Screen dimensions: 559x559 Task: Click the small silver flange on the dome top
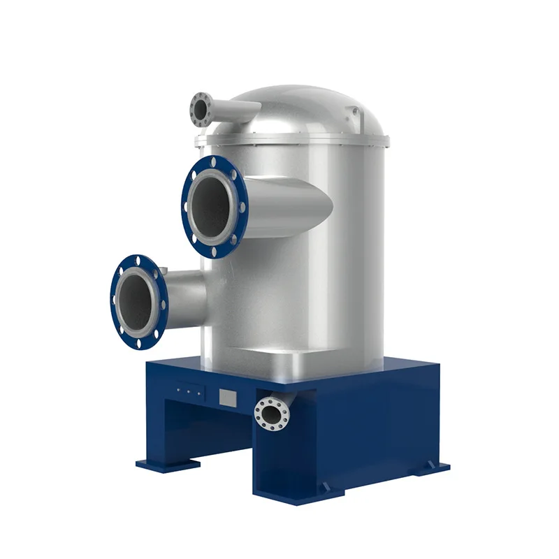tap(201, 109)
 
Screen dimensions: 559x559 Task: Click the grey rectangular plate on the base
tap(228, 398)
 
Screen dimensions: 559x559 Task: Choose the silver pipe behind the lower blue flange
tap(185, 293)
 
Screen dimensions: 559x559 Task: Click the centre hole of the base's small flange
tap(269, 414)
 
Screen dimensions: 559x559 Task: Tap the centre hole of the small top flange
tap(201, 109)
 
